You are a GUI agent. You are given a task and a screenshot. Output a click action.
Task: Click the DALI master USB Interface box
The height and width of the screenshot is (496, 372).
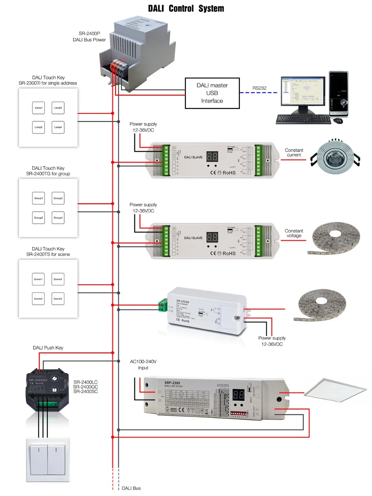[212, 93]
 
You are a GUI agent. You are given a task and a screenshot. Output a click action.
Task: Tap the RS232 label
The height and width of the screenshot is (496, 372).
[259, 88]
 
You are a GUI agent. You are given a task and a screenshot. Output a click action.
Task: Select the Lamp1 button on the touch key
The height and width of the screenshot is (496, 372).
[38, 108]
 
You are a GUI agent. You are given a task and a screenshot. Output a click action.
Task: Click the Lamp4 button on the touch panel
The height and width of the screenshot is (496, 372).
[58, 127]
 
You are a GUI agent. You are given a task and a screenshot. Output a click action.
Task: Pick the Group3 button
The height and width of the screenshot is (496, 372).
[58, 198]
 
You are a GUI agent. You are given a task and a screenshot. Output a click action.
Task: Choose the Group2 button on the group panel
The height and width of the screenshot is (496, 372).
[38, 218]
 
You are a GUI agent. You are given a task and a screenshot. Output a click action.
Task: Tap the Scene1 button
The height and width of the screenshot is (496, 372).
[38, 279]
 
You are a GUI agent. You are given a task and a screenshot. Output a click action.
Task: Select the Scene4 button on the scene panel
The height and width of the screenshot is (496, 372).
[58, 298]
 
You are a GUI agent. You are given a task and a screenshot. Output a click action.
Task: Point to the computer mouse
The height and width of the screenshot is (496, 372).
[338, 121]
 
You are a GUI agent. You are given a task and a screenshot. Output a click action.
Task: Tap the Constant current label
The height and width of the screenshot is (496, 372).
[294, 153]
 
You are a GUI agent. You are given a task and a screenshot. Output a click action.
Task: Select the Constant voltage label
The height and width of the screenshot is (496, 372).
[294, 233]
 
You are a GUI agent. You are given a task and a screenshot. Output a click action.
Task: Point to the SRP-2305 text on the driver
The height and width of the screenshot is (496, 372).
[172, 383]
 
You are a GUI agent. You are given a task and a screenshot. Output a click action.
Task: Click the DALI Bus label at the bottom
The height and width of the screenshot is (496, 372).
[131, 488]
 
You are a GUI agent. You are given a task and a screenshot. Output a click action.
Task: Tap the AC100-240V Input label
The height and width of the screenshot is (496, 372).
[143, 365]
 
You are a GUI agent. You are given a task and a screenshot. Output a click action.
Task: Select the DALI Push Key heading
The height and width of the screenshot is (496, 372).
[48, 348]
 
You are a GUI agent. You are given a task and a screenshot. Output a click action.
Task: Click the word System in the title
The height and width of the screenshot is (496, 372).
[211, 9]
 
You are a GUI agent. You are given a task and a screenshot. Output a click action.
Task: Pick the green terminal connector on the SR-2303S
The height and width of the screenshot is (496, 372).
[163, 305]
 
